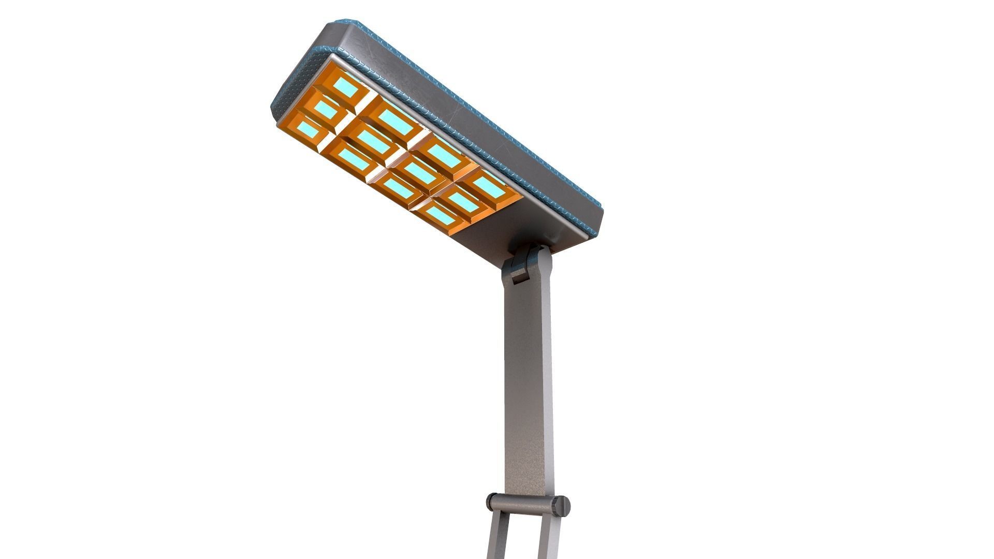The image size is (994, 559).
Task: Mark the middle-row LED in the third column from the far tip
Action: coord(419,173)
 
